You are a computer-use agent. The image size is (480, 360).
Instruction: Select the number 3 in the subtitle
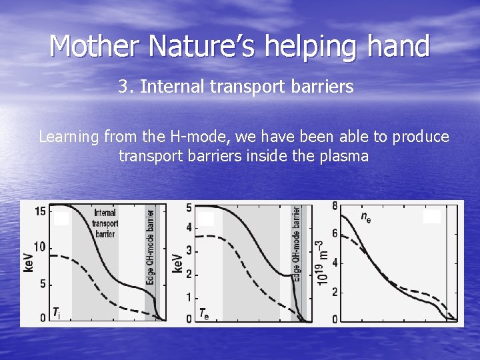coord(123,87)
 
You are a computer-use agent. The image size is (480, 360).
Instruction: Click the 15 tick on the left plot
coord(39,211)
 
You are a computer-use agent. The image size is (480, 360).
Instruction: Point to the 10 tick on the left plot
coord(39,247)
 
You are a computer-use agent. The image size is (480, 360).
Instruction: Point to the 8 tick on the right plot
coord(335,205)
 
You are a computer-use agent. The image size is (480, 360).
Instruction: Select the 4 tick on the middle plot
coord(189,228)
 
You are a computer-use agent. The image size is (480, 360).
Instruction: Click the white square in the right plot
coord(431,217)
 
